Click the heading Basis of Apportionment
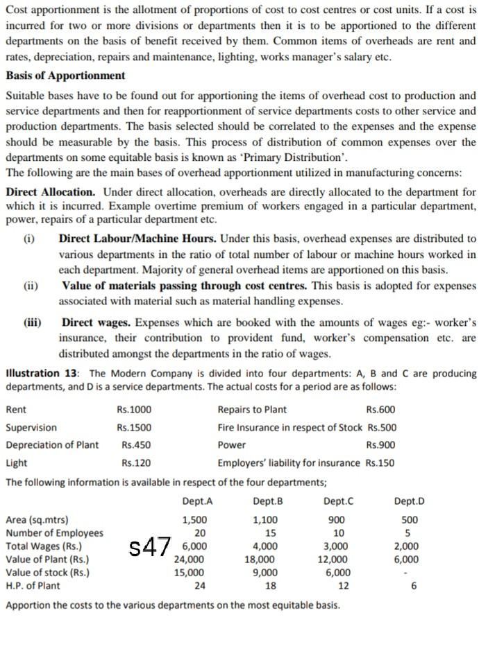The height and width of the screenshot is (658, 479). tap(65, 76)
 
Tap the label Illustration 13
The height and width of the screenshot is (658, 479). tap(44, 373)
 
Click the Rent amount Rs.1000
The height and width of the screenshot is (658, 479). tap(134, 410)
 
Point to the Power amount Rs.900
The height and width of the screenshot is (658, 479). tap(381, 445)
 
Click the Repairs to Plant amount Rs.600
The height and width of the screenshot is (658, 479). tap(380, 410)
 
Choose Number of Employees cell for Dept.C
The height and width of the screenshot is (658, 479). tap(338, 533)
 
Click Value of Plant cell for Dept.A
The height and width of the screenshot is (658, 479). tap(189, 559)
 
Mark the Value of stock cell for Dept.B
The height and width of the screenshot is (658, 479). tap(264, 572)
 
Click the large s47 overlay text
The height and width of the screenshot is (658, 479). tap(150, 547)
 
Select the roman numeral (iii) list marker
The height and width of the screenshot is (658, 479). tap(31, 322)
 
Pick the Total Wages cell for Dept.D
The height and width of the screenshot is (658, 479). tap(406, 546)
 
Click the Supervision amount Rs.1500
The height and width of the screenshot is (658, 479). tap(134, 427)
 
